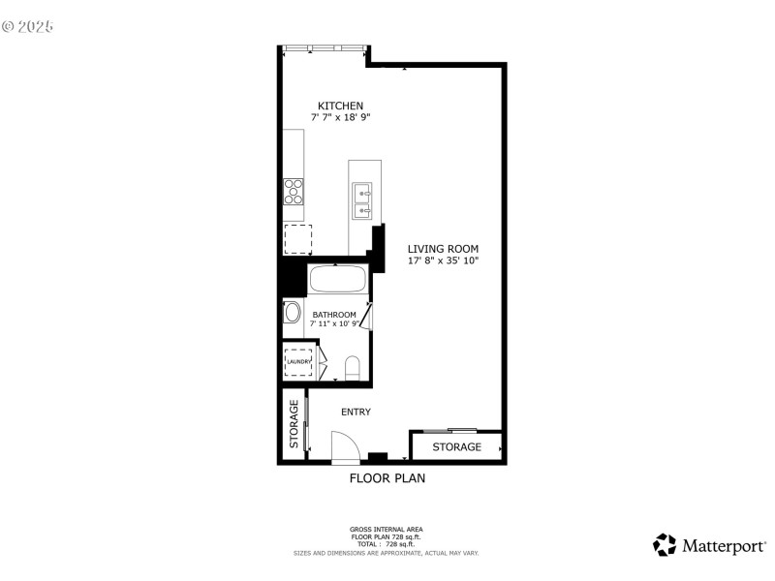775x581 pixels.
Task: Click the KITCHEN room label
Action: [340, 106]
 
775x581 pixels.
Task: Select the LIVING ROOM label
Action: [443, 249]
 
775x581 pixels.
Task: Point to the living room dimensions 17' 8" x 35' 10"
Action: [443, 260]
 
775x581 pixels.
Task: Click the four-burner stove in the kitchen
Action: [294, 192]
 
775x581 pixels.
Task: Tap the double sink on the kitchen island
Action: [364, 200]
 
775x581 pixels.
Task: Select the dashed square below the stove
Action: [297, 237]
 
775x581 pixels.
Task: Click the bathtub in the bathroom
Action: [338, 280]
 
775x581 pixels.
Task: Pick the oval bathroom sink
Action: [292, 313]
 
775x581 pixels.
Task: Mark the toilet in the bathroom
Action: [352, 368]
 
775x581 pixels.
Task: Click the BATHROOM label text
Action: [334, 315]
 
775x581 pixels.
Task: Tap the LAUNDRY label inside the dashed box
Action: [297, 362]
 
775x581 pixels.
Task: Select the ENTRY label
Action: [356, 412]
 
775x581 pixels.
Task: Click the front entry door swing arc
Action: [345, 448]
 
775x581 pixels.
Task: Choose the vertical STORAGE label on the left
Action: [294, 424]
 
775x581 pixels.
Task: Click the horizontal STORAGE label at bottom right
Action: [456, 447]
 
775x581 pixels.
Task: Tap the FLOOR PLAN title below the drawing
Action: [387, 477]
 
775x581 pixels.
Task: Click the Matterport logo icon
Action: [665, 545]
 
